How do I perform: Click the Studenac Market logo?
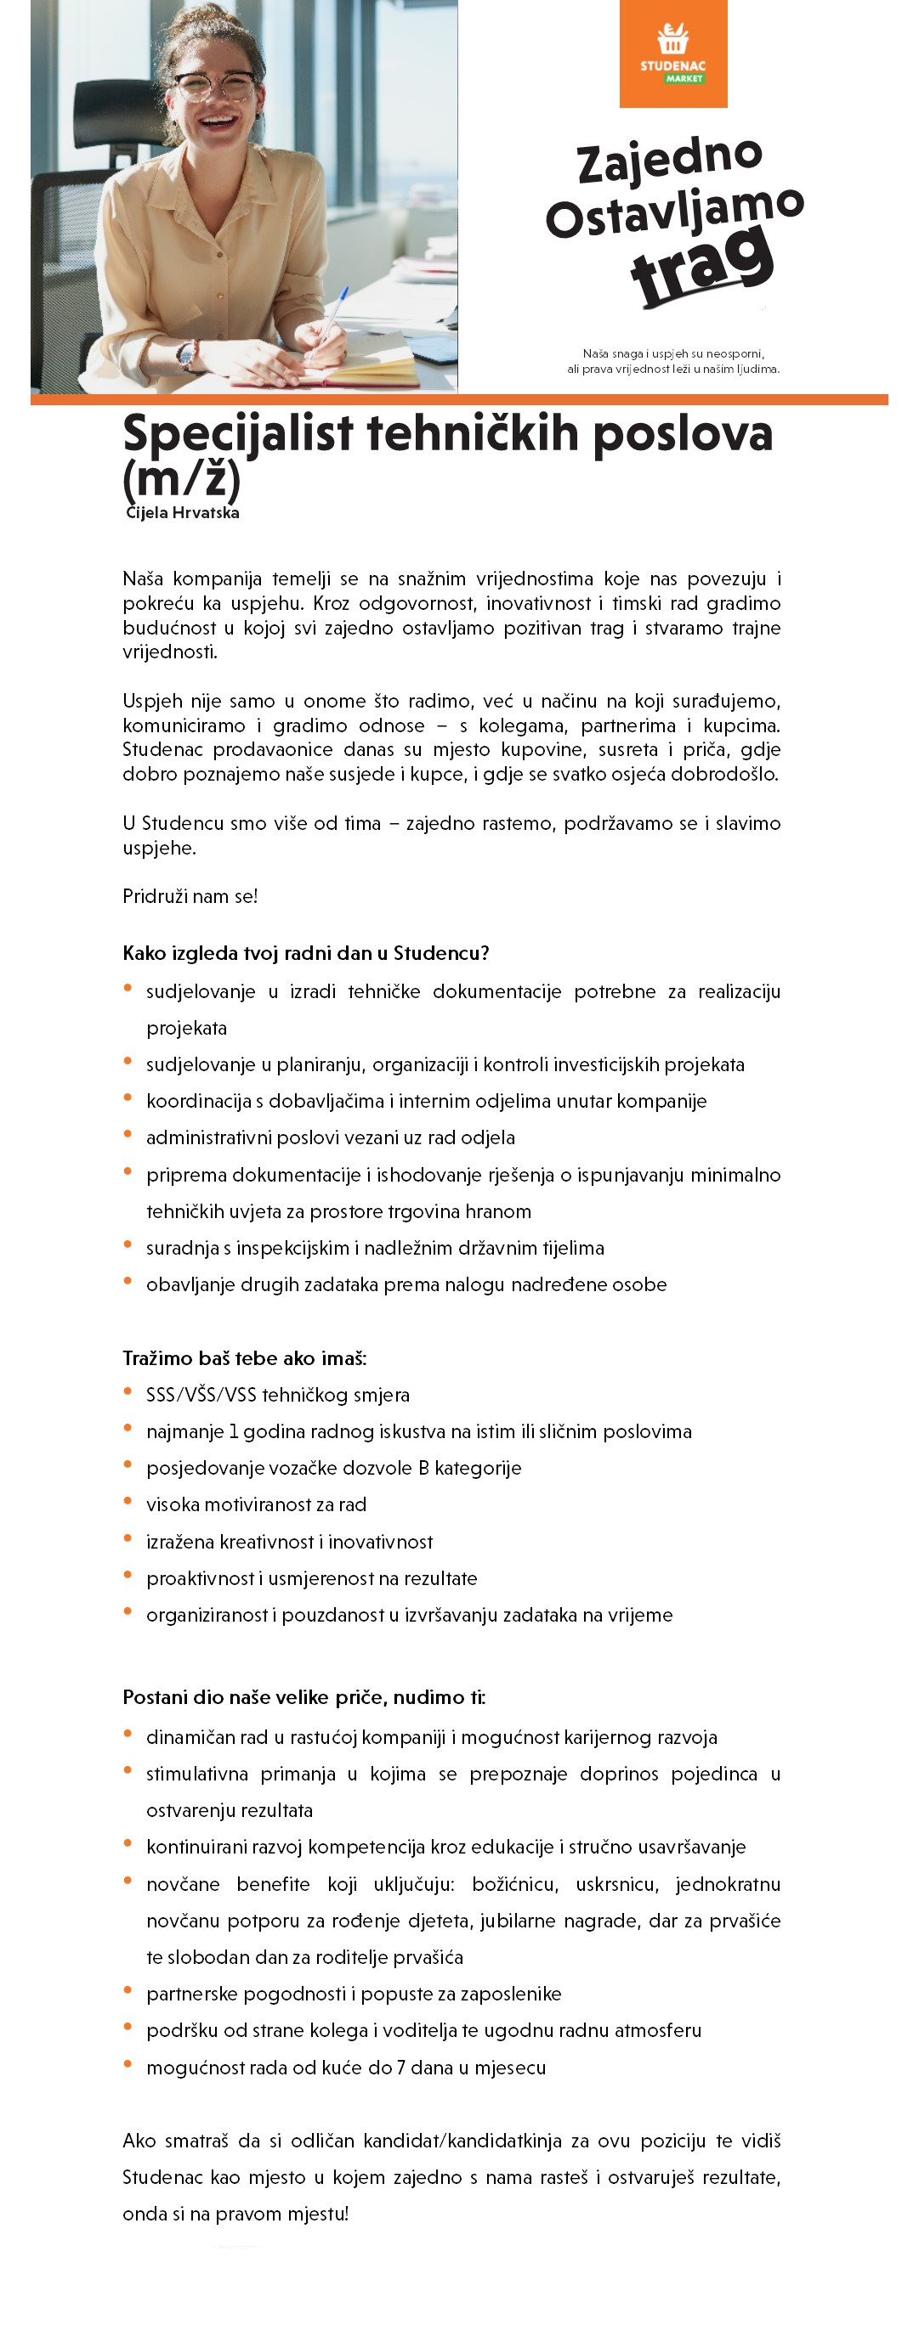[x=672, y=54]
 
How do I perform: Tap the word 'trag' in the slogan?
[x=702, y=265]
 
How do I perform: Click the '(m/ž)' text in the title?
[x=181, y=478]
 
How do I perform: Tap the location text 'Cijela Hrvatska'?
[x=182, y=513]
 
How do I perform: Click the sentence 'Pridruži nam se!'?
[x=190, y=897]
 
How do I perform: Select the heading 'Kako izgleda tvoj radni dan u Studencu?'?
[x=306, y=953]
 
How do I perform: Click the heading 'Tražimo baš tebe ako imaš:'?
[x=244, y=1358]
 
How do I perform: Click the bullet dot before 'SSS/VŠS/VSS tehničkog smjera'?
[x=128, y=1391]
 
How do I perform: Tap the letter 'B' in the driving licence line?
[x=423, y=1468]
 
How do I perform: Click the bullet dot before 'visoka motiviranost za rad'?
[x=128, y=1501]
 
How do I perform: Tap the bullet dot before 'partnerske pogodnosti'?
[x=128, y=1990]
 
